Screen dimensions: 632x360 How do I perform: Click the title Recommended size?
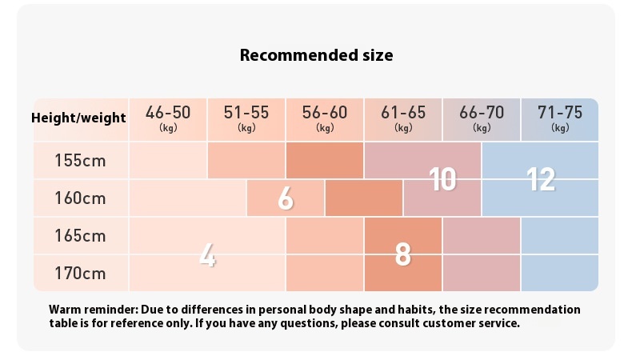317,55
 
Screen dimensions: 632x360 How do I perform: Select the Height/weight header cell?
78,118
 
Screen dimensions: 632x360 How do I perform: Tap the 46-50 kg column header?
168,119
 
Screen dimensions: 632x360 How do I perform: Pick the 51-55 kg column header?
246,119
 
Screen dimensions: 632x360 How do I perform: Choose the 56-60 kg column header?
325,119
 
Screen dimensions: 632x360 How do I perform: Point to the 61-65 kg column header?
403,119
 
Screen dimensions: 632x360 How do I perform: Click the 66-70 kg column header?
482,119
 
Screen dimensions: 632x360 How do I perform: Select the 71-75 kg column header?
560,119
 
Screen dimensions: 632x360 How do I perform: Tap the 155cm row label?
80,161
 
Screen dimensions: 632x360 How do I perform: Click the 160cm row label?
80,198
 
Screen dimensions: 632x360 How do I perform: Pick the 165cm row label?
80,236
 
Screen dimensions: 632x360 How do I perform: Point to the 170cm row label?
80,274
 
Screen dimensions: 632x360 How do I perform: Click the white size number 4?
207,255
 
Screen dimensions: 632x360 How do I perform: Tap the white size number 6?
286,198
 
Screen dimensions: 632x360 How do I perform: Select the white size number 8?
403,254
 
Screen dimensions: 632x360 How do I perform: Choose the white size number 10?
442,179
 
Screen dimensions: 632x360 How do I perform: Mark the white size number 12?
541,179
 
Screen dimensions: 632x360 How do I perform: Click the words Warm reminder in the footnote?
94,310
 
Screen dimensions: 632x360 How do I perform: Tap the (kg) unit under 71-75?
560,128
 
